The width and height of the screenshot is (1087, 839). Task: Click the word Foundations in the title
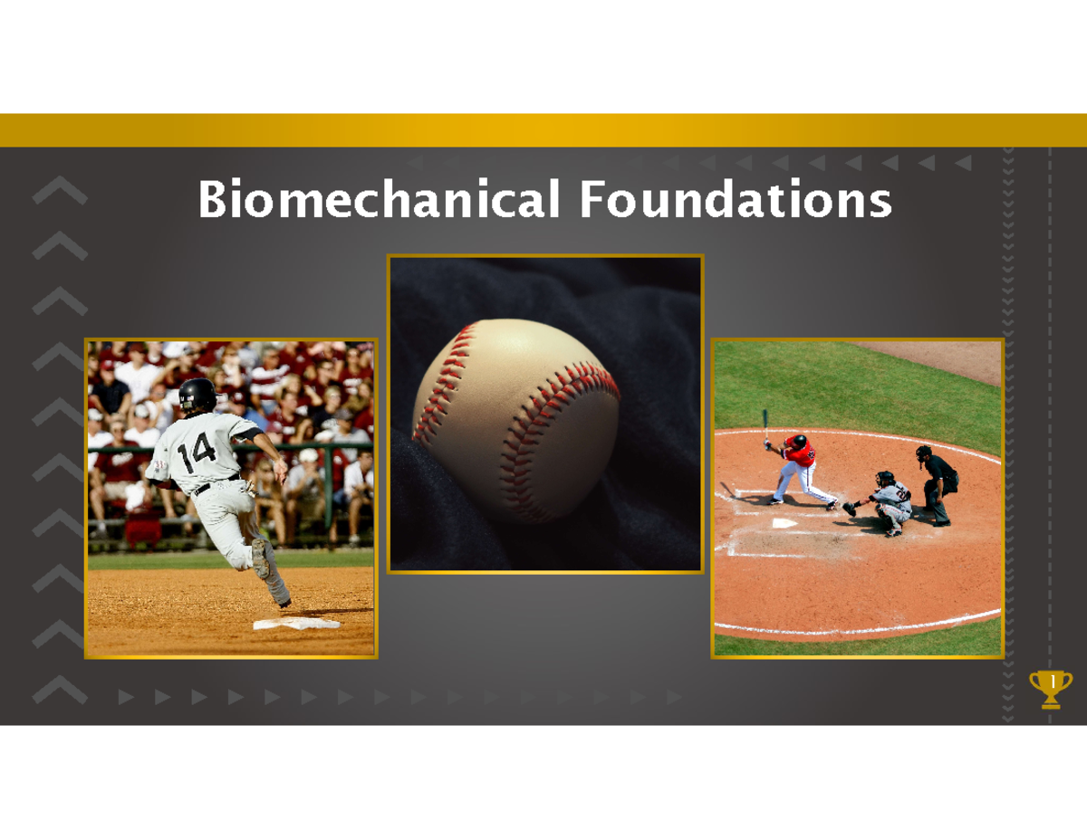pyautogui.click(x=736, y=201)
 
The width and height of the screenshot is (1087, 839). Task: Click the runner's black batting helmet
pyautogui.click(x=197, y=394)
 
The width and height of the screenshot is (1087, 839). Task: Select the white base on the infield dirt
pyautogui.click(x=296, y=624)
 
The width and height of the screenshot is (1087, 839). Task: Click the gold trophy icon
pyautogui.click(x=1051, y=688)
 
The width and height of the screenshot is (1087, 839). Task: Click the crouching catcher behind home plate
pyautogui.click(x=888, y=502)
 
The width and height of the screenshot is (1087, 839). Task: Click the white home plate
pyautogui.click(x=784, y=523)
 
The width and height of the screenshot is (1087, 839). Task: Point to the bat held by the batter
pyautogui.click(x=765, y=424)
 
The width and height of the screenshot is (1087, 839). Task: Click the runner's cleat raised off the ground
pyautogui.click(x=261, y=558)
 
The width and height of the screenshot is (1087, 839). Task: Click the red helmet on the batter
pyautogui.click(x=799, y=441)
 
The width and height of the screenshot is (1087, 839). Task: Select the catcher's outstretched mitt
pyautogui.click(x=849, y=509)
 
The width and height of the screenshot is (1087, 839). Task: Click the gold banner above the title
pyautogui.click(x=543, y=130)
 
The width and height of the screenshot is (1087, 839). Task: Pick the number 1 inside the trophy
pyautogui.click(x=1052, y=681)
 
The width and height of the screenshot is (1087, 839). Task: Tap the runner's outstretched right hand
pyautogui.click(x=281, y=471)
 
